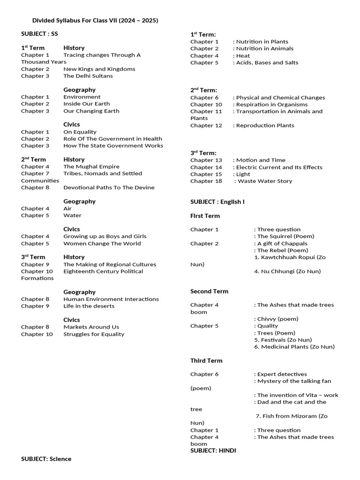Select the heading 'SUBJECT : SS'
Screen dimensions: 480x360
click(x=39, y=34)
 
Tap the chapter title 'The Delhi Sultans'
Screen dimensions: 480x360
click(x=88, y=76)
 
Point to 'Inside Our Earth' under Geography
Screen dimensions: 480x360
click(x=87, y=104)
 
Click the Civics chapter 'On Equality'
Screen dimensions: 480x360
click(x=80, y=132)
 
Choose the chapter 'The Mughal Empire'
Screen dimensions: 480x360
click(x=91, y=166)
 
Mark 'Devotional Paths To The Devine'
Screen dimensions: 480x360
click(x=109, y=187)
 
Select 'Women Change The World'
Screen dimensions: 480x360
click(x=102, y=243)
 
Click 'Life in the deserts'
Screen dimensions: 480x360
click(x=89, y=306)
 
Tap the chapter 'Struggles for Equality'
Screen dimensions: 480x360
click(x=94, y=334)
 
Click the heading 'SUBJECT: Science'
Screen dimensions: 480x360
click(x=46, y=459)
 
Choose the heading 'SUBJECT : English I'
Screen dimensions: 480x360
click(x=217, y=202)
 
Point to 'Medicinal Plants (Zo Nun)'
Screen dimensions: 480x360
click(x=294, y=347)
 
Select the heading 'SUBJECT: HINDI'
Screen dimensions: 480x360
click(x=213, y=450)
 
